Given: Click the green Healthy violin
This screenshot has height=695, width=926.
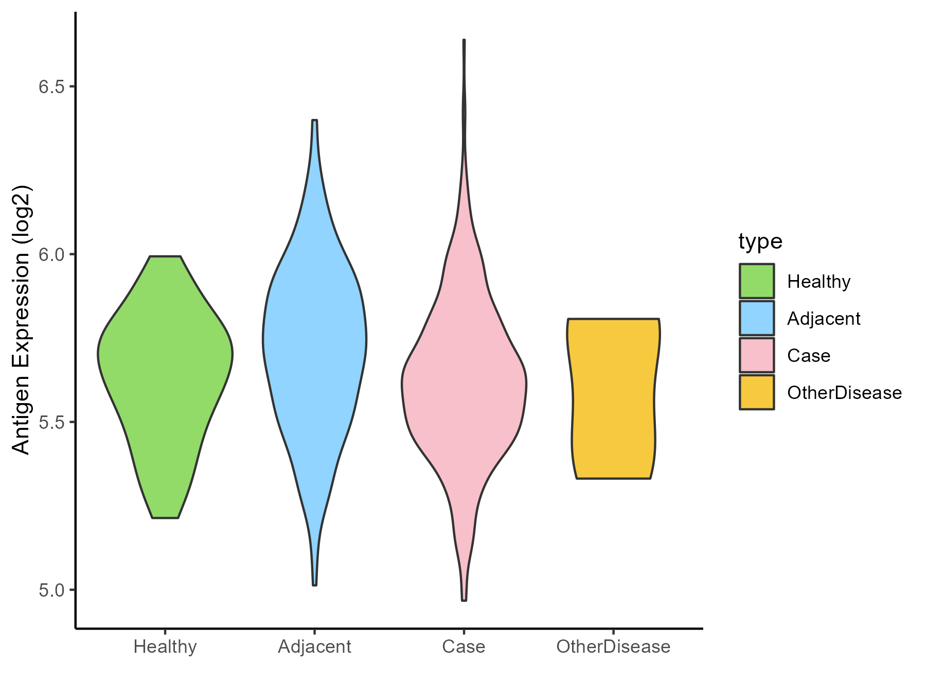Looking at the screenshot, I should [x=165, y=371].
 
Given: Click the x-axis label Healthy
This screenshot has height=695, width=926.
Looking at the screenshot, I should [x=165, y=647].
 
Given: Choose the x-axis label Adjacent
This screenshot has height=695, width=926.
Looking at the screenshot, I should [x=314, y=647].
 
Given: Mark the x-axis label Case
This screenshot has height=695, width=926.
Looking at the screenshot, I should [x=464, y=647].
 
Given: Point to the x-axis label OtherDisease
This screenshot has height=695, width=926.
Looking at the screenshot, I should [x=613, y=647].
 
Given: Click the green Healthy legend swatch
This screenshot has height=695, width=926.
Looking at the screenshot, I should [x=757, y=281].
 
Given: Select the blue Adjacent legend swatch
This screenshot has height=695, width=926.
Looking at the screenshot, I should [x=757, y=318].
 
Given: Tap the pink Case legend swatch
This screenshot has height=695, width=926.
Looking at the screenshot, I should [x=757, y=355].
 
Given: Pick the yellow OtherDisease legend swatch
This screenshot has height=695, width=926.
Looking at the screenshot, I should [x=757, y=392].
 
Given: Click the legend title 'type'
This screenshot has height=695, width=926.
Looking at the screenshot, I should [x=760, y=241].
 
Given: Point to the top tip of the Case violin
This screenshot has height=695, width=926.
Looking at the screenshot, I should [x=464, y=40].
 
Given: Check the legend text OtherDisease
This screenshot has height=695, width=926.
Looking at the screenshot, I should [x=844, y=393].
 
